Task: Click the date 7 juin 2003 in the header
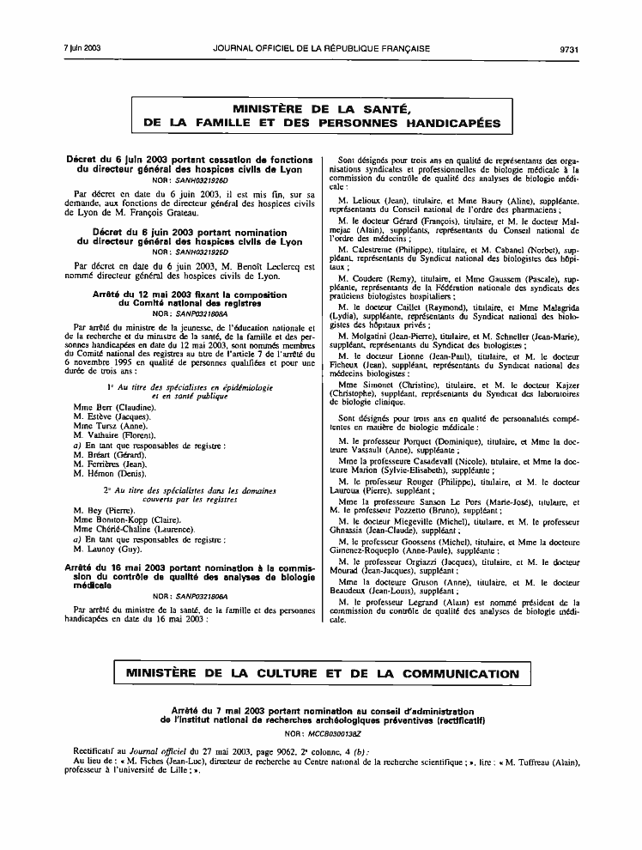pos(82,48)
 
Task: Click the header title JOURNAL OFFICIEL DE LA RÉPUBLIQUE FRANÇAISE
pos(322,48)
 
